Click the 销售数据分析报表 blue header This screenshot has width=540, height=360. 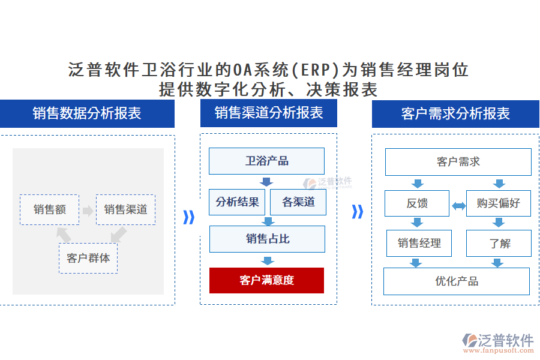point(87,113)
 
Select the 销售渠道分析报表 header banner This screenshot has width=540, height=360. point(269,113)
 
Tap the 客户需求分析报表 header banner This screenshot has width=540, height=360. point(455,113)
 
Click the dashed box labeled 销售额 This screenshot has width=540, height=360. point(49,209)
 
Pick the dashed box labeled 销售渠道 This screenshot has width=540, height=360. point(125,209)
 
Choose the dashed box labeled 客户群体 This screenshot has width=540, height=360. point(88,259)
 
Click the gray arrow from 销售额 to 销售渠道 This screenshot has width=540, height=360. point(88,211)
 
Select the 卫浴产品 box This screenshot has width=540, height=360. point(266,161)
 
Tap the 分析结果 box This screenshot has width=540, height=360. point(237,202)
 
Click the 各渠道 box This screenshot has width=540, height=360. point(298,202)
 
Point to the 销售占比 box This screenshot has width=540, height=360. point(267,239)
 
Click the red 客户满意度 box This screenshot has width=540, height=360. point(266,280)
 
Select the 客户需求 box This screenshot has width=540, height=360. point(458,162)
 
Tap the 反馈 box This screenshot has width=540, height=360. point(416,203)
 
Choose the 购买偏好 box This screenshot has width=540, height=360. point(498,203)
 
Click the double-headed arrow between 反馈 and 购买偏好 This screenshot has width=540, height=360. point(458,206)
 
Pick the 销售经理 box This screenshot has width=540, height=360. point(419,243)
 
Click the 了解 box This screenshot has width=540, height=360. point(499,243)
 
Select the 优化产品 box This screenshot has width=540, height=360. point(457,281)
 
